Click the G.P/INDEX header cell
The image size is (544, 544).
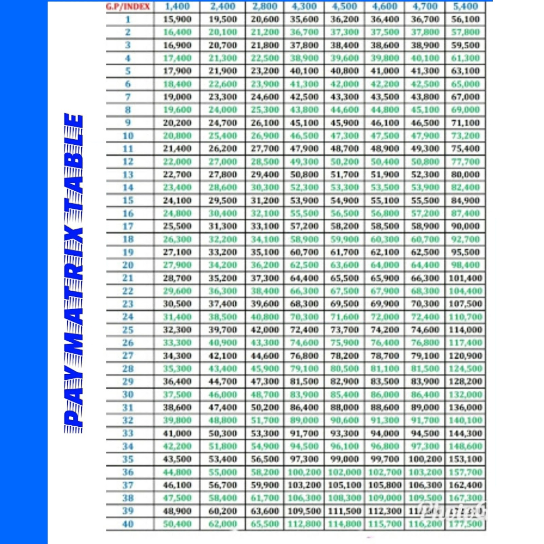click(x=128, y=6)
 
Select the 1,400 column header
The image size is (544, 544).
click(x=177, y=6)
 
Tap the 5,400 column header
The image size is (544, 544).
click(x=465, y=6)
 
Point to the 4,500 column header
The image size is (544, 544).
click(x=344, y=6)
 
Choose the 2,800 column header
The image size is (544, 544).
click(x=265, y=6)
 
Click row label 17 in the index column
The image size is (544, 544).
click(x=128, y=226)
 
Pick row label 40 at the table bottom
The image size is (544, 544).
click(x=128, y=524)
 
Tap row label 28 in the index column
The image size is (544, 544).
click(x=128, y=369)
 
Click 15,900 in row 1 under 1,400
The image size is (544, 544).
click(x=177, y=19)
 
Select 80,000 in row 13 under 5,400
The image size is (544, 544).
click(x=465, y=174)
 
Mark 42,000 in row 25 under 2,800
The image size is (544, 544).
click(x=265, y=330)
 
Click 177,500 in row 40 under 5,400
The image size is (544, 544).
click(x=465, y=524)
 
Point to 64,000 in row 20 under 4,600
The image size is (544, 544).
click(x=385, y=265)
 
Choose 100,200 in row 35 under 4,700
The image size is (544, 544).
click(x=425, y=459)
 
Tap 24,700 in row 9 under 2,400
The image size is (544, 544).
click(x=222, y=123)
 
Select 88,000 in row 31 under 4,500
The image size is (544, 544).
click(x=344, y=407)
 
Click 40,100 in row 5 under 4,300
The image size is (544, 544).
click(x=304, y=71)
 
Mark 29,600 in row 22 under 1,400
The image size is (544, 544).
click(x=177, y=291)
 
